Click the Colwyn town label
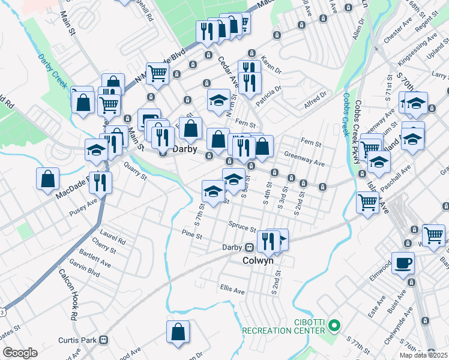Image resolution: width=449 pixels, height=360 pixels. click(258, 261)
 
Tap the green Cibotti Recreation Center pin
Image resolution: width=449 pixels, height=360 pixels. click(335, 327)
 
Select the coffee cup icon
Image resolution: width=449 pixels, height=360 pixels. click(403, 262)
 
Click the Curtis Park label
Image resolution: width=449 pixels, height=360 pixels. click(80, 340)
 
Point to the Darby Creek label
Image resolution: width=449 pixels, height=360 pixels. click(53, 71)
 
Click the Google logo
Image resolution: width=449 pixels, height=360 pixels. click(20, 353)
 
